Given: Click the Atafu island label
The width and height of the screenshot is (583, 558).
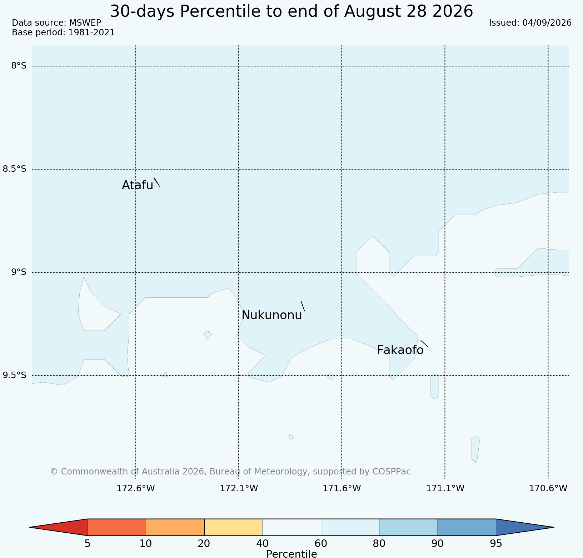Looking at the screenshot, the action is pyautogui.click(x=138, y=185).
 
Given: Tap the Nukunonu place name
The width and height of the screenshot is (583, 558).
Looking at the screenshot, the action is pyautogui.click(x=272, y=315).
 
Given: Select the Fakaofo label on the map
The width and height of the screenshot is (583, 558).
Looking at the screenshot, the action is pyautogui.click(x=400, y=350).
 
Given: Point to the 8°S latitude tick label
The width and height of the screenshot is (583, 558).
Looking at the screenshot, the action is pyautogui.click(x=19, y=66).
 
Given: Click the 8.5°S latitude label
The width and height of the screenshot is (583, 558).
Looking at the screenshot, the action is pyautogui.click(x=15, y=169).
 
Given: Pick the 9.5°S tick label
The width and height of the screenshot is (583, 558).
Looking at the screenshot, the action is pyautogui.click(x=15, y=375).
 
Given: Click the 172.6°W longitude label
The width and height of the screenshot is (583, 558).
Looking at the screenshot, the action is pyautogui.click(x=136, y=488).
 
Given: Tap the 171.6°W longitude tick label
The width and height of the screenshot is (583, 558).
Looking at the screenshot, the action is pyautogui.click(x=342, y=488).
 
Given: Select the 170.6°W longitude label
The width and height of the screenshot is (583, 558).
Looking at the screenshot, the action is pyautogui.click(x=548, y=488).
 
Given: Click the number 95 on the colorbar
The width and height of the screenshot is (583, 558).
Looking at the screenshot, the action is pyautogui.click(x=496, y=544).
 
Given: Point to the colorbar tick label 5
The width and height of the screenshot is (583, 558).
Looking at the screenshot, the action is pyautogui.click(x=88, y=544).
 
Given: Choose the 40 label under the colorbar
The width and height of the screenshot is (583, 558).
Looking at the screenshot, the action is pyautogui.click(x=263, y=544).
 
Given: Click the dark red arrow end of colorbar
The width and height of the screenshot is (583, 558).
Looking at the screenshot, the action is pyautogui.click(x=59, y=527).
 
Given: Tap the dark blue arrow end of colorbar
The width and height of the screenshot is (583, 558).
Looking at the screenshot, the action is pyautogui.click(x=525, y=527).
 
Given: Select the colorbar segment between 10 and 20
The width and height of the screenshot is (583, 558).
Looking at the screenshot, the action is pyautogui.click(x=175, y=527).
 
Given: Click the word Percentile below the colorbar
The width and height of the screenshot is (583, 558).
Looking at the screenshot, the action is pyautogui.click(x=291, y=554).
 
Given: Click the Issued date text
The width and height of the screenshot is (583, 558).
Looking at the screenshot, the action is pyautogui.click(x=530, y=23).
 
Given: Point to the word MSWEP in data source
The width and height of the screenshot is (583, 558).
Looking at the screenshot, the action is pyautogui.click(x=85, y=23).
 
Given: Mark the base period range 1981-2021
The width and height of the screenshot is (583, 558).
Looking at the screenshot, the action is pyautogui.click(x=91, y=32).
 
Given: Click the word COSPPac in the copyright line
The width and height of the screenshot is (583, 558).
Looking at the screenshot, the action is pyautogui.click(x=392, y=472).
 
